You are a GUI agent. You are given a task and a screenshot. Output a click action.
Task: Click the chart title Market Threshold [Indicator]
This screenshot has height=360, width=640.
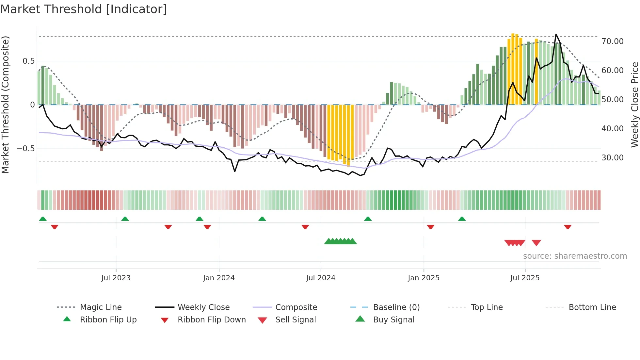pos(84,9)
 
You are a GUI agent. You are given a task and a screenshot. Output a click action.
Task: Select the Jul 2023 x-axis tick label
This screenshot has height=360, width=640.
pos(116,278)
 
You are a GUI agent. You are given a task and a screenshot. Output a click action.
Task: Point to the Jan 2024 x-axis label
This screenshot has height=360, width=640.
pos(218,278)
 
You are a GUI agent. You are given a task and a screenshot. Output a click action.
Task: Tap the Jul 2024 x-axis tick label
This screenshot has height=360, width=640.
pos(320,278)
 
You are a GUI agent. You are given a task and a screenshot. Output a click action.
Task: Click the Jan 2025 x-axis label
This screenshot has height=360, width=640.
pos(423,278)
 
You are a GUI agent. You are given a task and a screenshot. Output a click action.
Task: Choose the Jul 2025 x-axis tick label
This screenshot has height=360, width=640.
pos(525,278)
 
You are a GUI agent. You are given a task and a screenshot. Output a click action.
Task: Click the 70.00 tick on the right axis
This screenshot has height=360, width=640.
pos(612,41)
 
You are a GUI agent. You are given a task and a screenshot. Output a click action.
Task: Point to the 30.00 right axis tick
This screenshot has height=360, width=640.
pos(612,158)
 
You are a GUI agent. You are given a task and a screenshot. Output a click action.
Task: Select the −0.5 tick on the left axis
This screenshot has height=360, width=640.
pos(25,149)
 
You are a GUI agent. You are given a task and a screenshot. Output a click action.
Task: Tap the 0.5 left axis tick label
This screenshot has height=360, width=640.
pos(28,61)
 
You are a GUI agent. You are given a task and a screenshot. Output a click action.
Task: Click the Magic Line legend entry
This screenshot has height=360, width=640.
pos(101,307)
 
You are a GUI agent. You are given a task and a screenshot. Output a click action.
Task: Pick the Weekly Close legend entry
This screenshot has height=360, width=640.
pos(203,307)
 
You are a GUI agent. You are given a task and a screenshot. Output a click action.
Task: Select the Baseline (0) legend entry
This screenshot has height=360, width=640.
pos(396,307)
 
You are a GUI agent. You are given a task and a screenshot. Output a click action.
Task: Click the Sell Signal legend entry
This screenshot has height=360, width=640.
pos(296,320)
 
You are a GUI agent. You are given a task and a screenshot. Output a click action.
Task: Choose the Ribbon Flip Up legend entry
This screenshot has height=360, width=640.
pos(108,320)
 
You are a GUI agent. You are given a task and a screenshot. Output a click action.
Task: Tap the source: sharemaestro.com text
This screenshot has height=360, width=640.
pos(575,256)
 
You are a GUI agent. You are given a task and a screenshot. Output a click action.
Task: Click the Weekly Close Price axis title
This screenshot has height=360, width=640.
pos(634,105)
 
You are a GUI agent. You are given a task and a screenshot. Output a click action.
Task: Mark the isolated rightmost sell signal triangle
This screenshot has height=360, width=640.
pos(536,243)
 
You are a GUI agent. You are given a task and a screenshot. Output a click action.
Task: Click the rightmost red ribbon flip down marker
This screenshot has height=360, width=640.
pos(568,227)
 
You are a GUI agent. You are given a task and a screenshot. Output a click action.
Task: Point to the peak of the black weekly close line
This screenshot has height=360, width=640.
pos(556,34)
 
